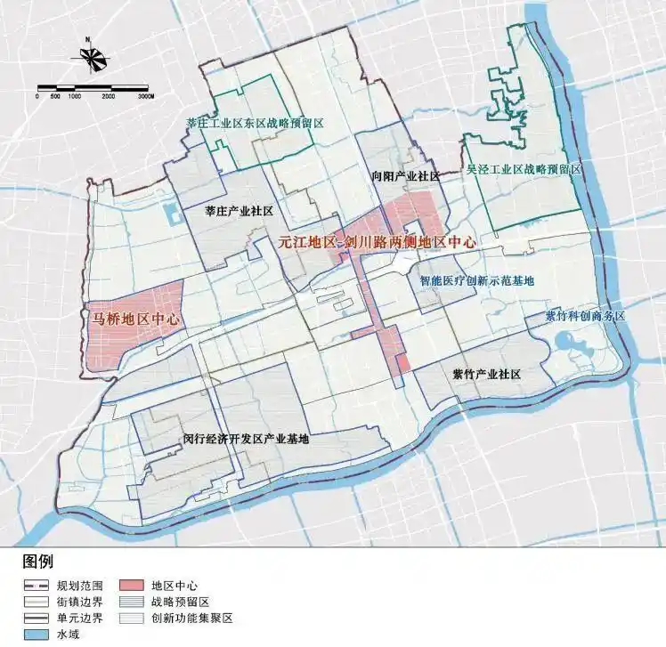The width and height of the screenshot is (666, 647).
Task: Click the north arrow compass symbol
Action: (x=92, y=58)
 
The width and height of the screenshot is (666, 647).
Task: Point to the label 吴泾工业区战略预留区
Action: (x=523, y=168)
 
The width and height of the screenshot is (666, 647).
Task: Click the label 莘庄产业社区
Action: (x=238, y=211)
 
